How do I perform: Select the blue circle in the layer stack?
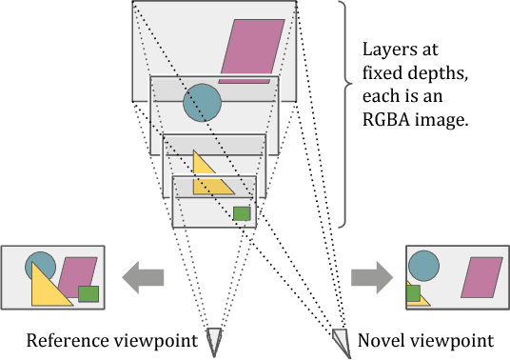[202, 103]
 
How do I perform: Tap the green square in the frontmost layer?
[242, 213]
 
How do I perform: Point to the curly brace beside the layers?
[340, 114]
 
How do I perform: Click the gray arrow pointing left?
[143, 277]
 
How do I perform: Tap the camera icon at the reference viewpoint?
[214, 338]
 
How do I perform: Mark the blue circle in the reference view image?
[40, 264]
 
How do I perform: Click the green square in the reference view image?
[88, 294]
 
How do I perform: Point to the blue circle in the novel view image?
[423, 265]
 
